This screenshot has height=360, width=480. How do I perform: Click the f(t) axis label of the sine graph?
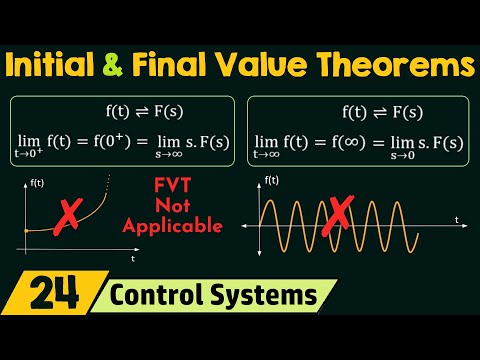coord(271,181)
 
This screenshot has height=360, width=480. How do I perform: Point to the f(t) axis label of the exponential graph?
coord(38,182)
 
